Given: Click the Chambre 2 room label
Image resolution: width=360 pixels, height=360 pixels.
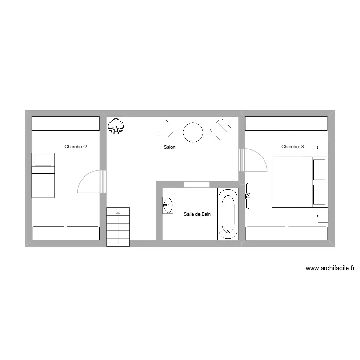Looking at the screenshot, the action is coord(76,147).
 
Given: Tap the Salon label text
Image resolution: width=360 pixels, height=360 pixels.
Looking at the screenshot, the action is coord(169,147).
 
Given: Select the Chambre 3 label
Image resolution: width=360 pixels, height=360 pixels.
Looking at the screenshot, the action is coord(293,147).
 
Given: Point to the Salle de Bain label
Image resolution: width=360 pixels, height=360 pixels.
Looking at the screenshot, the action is coord(197,214).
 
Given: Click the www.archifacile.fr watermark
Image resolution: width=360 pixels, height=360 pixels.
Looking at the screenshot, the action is coord(330,268).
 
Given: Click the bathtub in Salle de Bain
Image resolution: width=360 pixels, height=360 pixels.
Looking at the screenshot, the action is coord(228,214).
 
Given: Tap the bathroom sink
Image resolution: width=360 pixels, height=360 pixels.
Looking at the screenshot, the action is coord(168,205).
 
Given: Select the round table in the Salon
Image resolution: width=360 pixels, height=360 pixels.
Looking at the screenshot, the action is coord(193,132).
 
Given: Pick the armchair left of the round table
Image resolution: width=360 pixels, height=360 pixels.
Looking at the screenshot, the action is coord(165,130).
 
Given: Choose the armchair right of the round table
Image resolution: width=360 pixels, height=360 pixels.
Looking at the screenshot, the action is coord(221,129).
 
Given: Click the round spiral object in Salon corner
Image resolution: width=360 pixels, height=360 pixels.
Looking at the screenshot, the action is coord(116,126).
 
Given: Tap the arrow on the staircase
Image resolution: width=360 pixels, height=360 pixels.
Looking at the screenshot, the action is coord(118,228).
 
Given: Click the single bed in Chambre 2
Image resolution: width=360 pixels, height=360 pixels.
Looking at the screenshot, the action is coord(43,175).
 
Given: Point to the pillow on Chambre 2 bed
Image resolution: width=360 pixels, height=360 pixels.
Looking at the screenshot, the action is coord(43,159).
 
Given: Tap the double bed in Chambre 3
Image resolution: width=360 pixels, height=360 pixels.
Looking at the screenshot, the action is coord(300,182).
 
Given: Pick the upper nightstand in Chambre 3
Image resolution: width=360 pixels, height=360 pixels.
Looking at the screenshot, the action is coord(323,148).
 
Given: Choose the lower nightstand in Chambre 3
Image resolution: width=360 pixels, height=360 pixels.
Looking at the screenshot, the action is coord(323,216).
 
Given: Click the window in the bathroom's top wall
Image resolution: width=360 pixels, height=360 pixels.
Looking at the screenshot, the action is coord(197,185).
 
